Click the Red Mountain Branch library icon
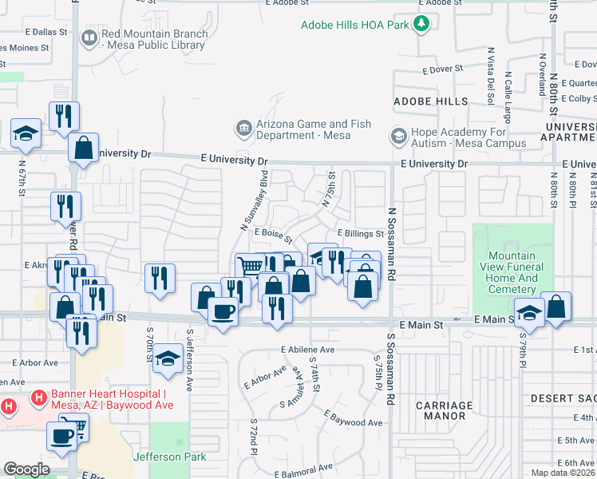point(89,38)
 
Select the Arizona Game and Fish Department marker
point(243,128)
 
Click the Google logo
point(26,469)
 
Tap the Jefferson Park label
point(169,457)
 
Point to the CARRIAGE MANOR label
point(445,410)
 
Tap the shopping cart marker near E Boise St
point(250,266)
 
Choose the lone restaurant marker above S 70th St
point(160,278)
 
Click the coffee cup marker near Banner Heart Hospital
point(62,435)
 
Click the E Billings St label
point(360,233)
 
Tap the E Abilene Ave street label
point(307,350)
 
